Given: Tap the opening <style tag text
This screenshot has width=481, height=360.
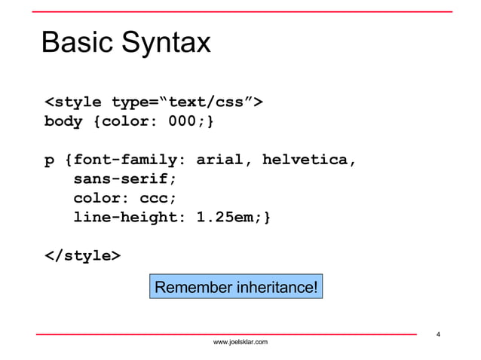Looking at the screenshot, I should tap(73, 102).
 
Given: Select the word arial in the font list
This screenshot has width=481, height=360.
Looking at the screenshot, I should tap(219, 160).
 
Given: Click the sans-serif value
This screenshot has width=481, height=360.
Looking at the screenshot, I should tap(124, 180).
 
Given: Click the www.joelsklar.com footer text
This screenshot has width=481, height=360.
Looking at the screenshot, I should tap(240, 343).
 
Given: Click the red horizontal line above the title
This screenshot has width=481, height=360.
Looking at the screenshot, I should tap(240, 11).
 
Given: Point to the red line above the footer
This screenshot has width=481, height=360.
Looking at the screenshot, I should tap(226, 333).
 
